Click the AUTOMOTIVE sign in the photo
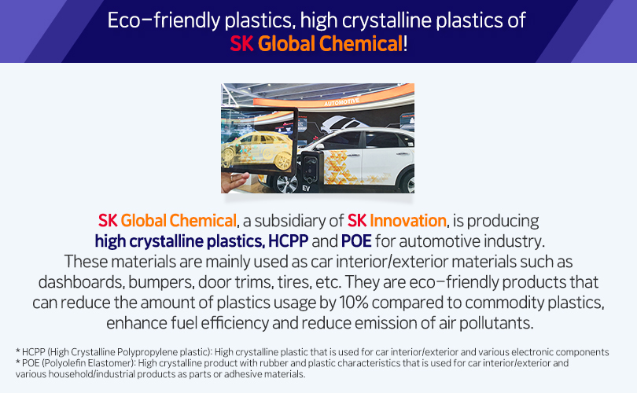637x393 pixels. pos(341,101)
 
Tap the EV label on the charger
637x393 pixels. pos(306,189)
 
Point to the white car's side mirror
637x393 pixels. pos(320,146)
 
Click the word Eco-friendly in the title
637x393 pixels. pos(164,20)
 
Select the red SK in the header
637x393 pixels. pos(241,44)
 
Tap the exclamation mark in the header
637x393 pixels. pos(405,44)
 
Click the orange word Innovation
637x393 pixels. pos(408,221)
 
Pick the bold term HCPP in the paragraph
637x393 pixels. pos(288,241)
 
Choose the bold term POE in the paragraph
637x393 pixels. pos(356,241)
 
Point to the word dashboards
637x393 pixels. pos(82,282)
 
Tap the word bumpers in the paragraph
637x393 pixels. pos(161,282)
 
